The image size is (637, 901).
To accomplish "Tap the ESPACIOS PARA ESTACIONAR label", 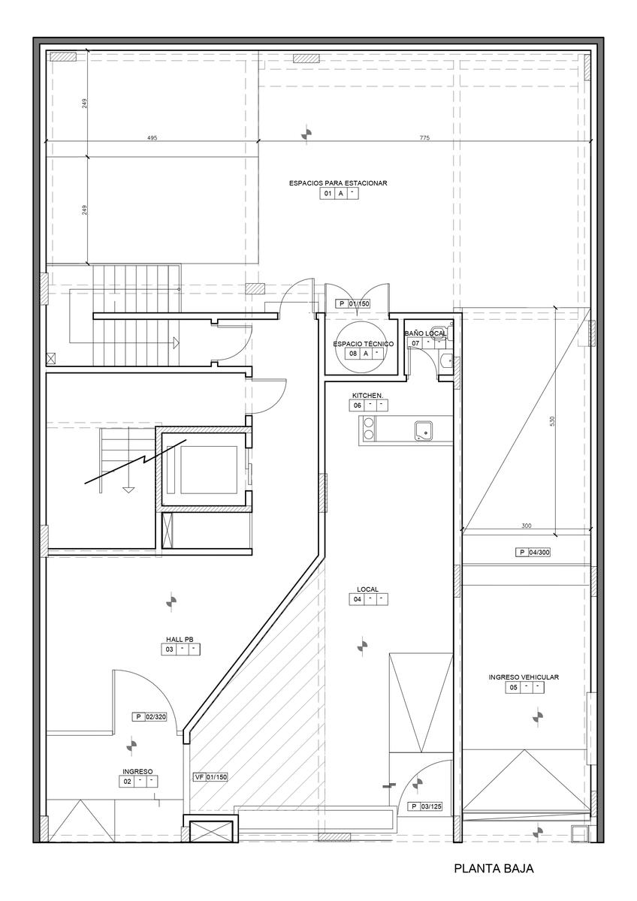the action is coord(338,183).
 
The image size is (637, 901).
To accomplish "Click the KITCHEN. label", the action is coord(368,396).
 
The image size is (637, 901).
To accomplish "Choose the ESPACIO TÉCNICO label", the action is coord(364,344).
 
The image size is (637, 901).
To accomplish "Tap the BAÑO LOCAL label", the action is coord(425,333).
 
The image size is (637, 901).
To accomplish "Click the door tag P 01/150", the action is coord(353,303).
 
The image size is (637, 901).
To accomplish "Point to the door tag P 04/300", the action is coord(533,553).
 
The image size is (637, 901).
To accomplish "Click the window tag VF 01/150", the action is coord(211,777).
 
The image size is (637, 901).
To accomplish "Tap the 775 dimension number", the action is coord(424,137).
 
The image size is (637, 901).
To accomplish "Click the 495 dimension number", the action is coord(152,137).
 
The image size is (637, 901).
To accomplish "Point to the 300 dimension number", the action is coord(526,526).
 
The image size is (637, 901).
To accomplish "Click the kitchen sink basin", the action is coord(424,430).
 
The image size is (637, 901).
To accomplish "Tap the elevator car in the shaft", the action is coord(209,469).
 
